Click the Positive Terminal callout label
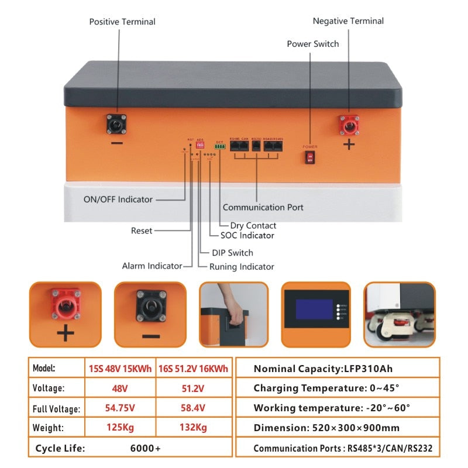point(122,22)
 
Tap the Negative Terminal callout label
point(348,21)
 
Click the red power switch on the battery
point(309,157)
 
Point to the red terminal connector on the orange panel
point(349,125)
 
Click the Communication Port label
point(263,207)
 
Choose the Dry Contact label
point(253,225)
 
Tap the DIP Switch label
point(232,253)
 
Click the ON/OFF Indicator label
point(118,199)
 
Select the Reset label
point(141,230)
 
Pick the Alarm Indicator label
point(152,266)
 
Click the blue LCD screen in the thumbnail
point(314,309)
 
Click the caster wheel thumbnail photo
point(399,314)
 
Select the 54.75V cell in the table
point(120,408)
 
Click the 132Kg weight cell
point(193,428)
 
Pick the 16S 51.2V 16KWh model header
point(193,369)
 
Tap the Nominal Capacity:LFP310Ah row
point(322,369)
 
